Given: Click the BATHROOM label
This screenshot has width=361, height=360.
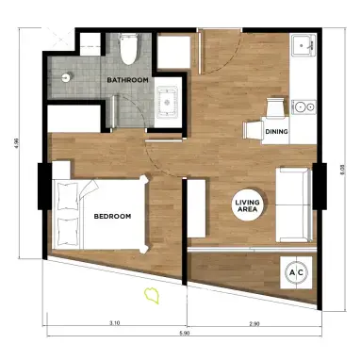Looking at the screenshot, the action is pyautogui.click(x=127, y=80).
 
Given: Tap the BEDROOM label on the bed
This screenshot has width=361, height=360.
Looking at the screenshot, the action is pyautogui.click(x=112, y=217).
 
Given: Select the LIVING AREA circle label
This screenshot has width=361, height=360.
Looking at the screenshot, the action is pyautogui.click(x=248, y=205).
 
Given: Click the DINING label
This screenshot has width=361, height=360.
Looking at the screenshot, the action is pyautogui.click(x=276, y=132).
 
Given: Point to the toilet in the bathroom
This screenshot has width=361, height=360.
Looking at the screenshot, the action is pyautogui.click(x=129, y=49).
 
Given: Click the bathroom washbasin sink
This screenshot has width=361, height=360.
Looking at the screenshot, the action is pyautogui.click(x=168, y=103).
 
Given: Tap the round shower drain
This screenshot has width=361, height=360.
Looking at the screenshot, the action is pyautogui.click(x=67, y=76).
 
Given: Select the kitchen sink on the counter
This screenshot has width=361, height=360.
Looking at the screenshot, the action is pyautogui.click(x=303, y=45).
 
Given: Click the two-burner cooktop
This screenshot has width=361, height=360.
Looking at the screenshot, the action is pyautogui.click(x=304, y=107).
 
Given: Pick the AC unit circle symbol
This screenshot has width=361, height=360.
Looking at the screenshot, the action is pyautogui.click(x=296, y=272).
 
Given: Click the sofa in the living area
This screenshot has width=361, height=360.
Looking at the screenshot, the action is pyautogui.click(x=294, y=205).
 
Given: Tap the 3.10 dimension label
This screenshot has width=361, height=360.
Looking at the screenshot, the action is pyautogui.click(x=115, y=322).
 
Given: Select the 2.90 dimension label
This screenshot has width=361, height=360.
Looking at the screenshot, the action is pyautogui.click(x=254, y=323).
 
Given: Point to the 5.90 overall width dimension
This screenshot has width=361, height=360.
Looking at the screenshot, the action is pyautogui.click(x=186, y=334).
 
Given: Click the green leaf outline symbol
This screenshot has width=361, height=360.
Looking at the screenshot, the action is pyautogui.click(x=152, y=296).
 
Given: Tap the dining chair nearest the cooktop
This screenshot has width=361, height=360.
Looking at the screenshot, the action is pyautogui.click(x=276, y=106).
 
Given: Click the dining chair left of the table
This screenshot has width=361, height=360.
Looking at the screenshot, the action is pyautogui.click(x=254, y=130).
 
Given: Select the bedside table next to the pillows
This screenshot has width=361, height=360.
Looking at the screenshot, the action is pyautogui.click(x=61, y=171).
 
